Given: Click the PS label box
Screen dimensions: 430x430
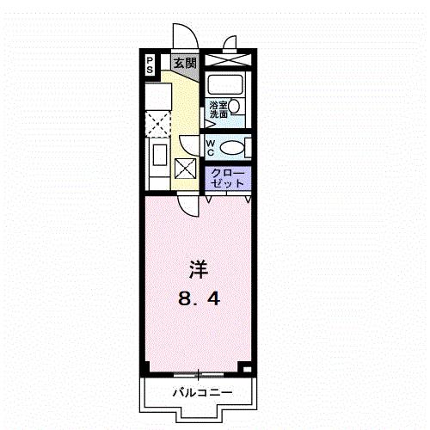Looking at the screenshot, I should (149, 63).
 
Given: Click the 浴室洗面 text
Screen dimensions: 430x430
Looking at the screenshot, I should (218, 109).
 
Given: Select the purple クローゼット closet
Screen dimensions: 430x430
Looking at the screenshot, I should (229, 178).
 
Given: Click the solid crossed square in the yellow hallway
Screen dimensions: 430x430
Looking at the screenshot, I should (186, 169).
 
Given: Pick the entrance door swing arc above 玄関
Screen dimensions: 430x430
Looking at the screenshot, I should (184, 39).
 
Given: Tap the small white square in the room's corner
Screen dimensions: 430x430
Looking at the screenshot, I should (248, 369).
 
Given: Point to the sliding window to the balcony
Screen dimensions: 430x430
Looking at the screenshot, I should (198, 374).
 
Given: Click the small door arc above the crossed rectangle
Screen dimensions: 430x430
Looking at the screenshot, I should (230, 44).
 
